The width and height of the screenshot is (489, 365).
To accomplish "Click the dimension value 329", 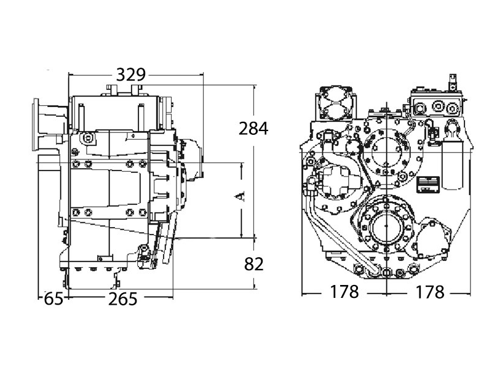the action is pos(131,74).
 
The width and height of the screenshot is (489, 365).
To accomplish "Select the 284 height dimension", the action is pos(253,128).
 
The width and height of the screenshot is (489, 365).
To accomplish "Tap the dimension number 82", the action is pos(254,264).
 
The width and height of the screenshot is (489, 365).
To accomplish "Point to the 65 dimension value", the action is pos(54,299).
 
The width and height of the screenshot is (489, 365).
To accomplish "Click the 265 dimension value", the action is pos(122,299).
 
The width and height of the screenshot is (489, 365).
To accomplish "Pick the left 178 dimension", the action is pos(344,292).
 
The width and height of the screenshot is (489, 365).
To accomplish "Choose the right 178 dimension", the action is pos(430,292).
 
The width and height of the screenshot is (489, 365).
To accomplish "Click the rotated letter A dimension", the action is pos(239,196).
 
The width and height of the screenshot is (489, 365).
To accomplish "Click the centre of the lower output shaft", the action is pos(386,226).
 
